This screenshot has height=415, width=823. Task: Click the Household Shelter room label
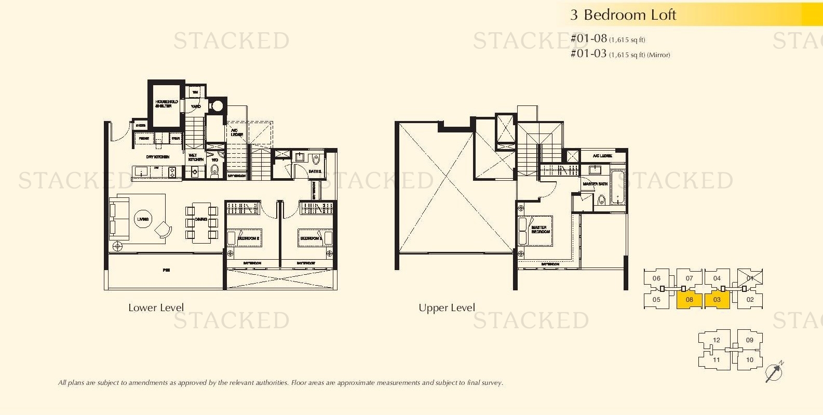click(x=166, y=104)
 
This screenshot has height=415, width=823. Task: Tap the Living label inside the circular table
click(x=143, y=219)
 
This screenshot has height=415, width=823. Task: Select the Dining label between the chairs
click(x=201, y=220)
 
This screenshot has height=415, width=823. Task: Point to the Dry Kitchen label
click(x=157, y=157)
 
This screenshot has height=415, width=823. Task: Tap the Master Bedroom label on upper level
click(x=540, y=230)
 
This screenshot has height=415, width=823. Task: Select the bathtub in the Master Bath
click(x=617, y=187)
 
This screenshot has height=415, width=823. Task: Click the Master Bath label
click(x=595, y=184)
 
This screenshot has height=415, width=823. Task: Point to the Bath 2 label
click(x=315, y=171)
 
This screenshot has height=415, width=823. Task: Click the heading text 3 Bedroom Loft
click(x=623, y=15)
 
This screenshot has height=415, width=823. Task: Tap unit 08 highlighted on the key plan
click(x=689, y=300)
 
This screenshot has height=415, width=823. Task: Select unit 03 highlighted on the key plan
click(x=717, y=300)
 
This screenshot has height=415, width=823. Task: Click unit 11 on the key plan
click(x=716, y=359)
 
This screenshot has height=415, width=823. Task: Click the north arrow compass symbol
click(x=774, y=372)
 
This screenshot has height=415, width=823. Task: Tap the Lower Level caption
click(x=156, y=307)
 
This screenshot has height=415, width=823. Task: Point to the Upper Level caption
click(x=447, y=307)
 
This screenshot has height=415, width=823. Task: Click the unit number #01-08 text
click(x=589, y=38)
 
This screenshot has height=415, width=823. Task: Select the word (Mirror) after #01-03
click(x=658, y=55)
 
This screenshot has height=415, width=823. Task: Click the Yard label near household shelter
click(x=196, y=106)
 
